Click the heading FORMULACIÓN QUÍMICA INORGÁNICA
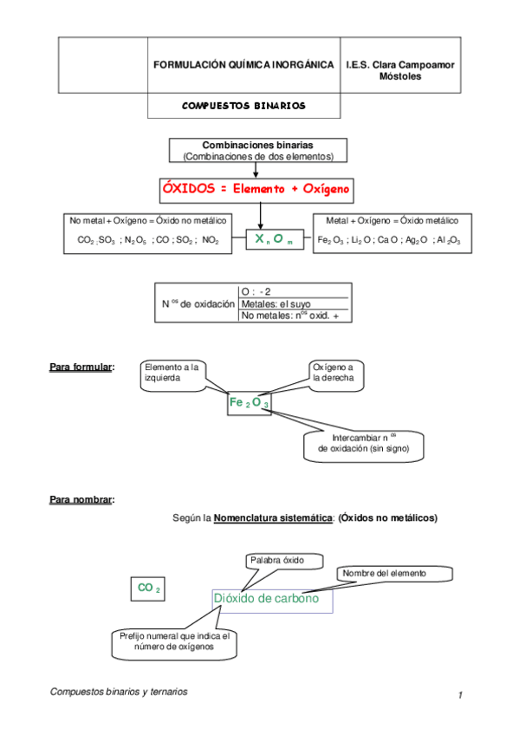coord(243,65)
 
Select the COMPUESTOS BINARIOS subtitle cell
coord(243,106)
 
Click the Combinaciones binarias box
coord(257,150)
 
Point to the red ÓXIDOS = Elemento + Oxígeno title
coord(257,189)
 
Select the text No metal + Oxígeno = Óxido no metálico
coord(147,220)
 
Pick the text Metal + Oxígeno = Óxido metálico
coord(392,220)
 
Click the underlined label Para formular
coord(82,367)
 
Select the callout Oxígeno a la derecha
coord(332,373)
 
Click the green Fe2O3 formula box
coord(250,404)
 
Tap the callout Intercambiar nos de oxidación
coord(363,443)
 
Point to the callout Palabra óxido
coord(277,560)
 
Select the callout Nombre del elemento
coord(394,573)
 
